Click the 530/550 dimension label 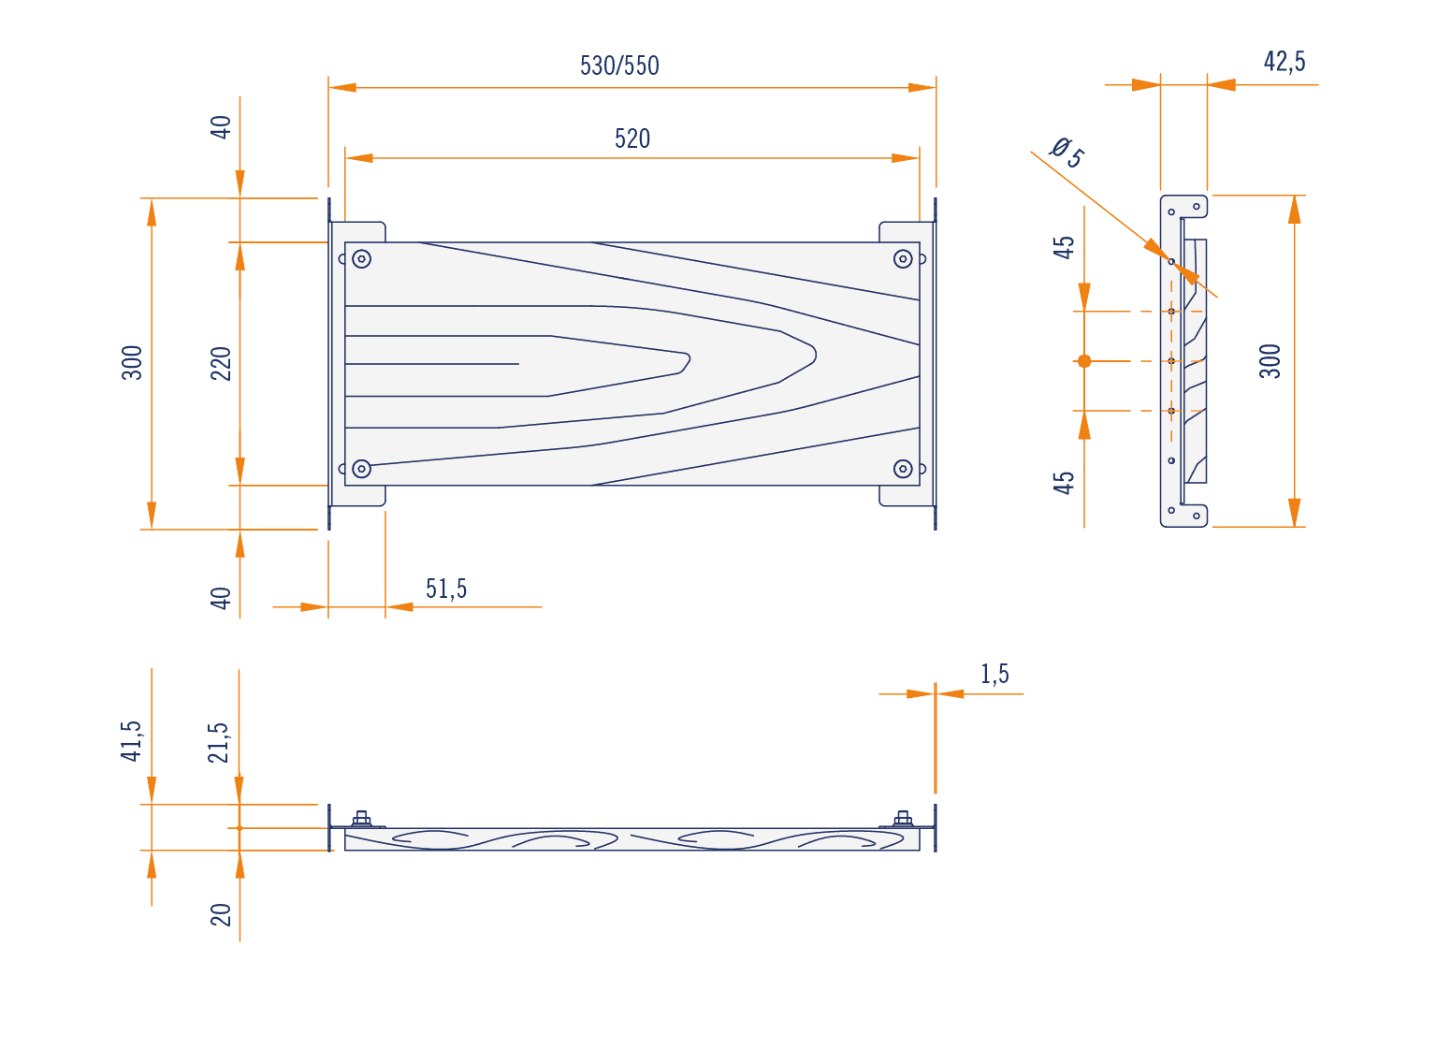pos(618,66)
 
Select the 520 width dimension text pos(631,138)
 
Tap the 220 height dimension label pos(221,363)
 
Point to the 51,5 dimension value pos(445,589)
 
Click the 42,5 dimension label pos(1285,62)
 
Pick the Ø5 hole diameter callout pos(1067,153)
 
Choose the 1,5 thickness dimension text pos(994,674)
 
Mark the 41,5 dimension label pos(131,741)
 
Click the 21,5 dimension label pos(218,743)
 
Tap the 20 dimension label pos(221,914)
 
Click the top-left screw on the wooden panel pos(361,259)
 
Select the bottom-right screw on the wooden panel pos(903,469)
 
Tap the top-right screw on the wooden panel pos(903,259)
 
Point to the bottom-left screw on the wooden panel pos(361,469)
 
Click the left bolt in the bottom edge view pos(361,819)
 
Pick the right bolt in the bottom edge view pos(903,819)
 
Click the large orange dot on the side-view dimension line pos(1084,361)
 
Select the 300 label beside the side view pos(1270,361)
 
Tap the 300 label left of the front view pos(132,362)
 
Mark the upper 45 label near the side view pos(1063,248)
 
